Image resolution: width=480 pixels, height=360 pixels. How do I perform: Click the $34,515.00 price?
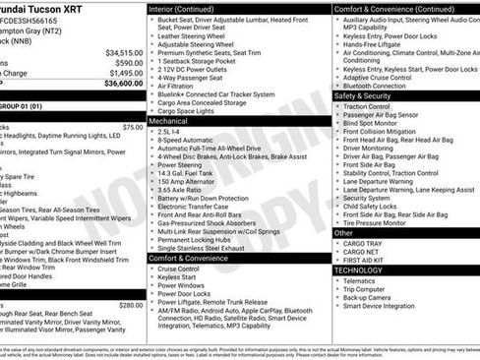[125, 52]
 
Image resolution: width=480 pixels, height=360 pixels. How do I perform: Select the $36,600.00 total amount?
[125, 85]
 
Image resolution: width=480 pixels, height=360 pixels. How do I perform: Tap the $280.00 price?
[131, 305]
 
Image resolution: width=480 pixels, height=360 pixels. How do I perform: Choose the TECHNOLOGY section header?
[358, 269]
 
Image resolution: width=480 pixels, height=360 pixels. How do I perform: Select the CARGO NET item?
[360, 251]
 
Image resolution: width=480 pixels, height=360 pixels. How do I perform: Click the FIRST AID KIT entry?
[365, 260]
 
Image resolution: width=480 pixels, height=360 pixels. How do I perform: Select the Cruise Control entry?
[179, 268]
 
